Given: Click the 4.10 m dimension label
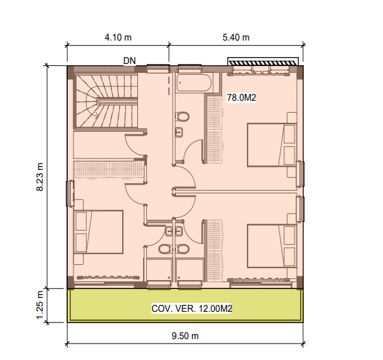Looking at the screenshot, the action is [118, 37].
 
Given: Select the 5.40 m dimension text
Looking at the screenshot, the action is [236, 37].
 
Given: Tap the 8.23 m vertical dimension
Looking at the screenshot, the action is [40, 177].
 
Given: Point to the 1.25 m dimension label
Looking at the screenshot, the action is [40, 305].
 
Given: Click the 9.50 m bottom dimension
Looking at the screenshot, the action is [185, 336].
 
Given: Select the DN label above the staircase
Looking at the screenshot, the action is [129, 61].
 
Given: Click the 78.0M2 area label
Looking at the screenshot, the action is [241, 98].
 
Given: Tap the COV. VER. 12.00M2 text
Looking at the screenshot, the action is [191, 309].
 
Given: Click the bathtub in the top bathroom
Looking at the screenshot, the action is [194, 83].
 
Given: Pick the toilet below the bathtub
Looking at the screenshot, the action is [182, 117].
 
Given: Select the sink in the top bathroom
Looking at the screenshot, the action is [179, 132].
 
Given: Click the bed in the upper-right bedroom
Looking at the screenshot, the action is [272, 145].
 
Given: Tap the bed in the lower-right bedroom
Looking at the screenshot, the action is [272, 246].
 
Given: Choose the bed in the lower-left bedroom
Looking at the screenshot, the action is [98, 232].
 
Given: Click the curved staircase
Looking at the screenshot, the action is [106, 101].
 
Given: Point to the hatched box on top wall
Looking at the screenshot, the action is [263, 61].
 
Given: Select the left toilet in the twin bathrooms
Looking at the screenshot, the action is [165, 249].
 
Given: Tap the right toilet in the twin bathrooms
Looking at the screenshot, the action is [182, 249].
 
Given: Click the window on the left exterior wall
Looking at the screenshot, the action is [70, 193].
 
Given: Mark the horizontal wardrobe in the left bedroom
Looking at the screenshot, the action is [109, 169].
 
